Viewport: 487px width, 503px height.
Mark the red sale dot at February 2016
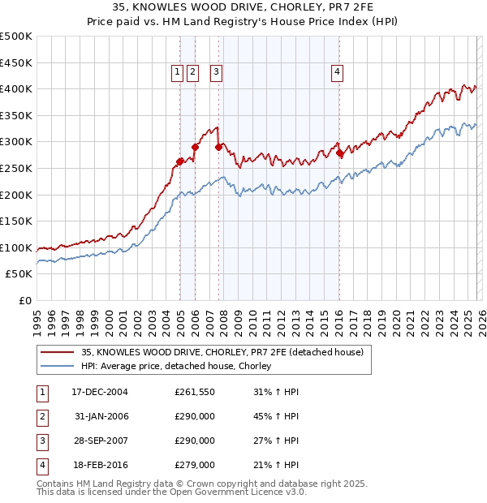coord(339,153)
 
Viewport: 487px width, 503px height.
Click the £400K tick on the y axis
coord(17,89)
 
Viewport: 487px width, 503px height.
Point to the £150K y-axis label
coord(17,221)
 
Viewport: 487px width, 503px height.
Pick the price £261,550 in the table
coord(195,392)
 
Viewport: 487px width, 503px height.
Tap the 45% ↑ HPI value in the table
coord(276,416)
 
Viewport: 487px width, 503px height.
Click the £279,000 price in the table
coord(195,465)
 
